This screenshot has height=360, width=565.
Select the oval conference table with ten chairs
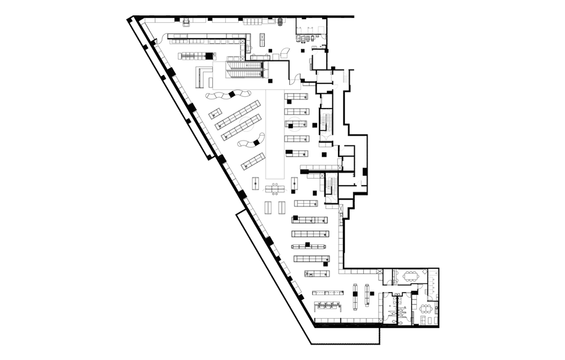point(411,276)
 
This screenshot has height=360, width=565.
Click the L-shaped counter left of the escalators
point(201,77)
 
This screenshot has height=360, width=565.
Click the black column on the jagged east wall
point(365,171)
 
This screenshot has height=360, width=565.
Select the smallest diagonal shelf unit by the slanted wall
point(215,113)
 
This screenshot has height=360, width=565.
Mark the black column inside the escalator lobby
point(269,80)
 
